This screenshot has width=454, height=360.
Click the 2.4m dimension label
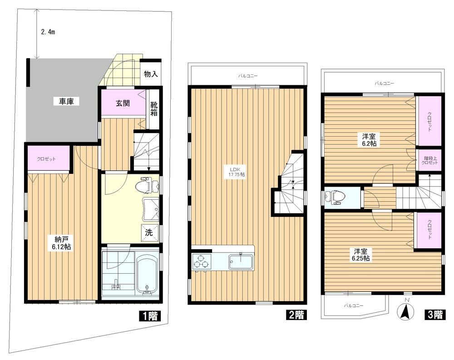pos(48,32)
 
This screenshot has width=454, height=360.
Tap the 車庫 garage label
pos(67,101)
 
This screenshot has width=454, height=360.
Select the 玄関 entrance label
pos(123,103)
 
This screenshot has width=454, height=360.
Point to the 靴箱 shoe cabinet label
pos(154,109)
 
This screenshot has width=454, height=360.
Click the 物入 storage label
pos(151,74)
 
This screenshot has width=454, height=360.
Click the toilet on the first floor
pos(148,185)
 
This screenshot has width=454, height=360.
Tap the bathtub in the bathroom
pos(147,273)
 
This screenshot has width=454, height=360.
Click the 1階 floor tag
pos(149,316)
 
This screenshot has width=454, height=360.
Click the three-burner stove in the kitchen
pos(201,261)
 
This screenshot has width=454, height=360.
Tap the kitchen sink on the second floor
pos(241,261)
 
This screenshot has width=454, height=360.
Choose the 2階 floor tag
pos(296,315)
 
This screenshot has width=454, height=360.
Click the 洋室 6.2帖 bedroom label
pos(368,140)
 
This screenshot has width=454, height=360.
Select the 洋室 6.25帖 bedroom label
pos(360,255)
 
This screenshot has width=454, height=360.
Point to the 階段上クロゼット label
pos(429,160)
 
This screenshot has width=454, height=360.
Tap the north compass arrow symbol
pos(406,312)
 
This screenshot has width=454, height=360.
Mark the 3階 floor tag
pos(435,315)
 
